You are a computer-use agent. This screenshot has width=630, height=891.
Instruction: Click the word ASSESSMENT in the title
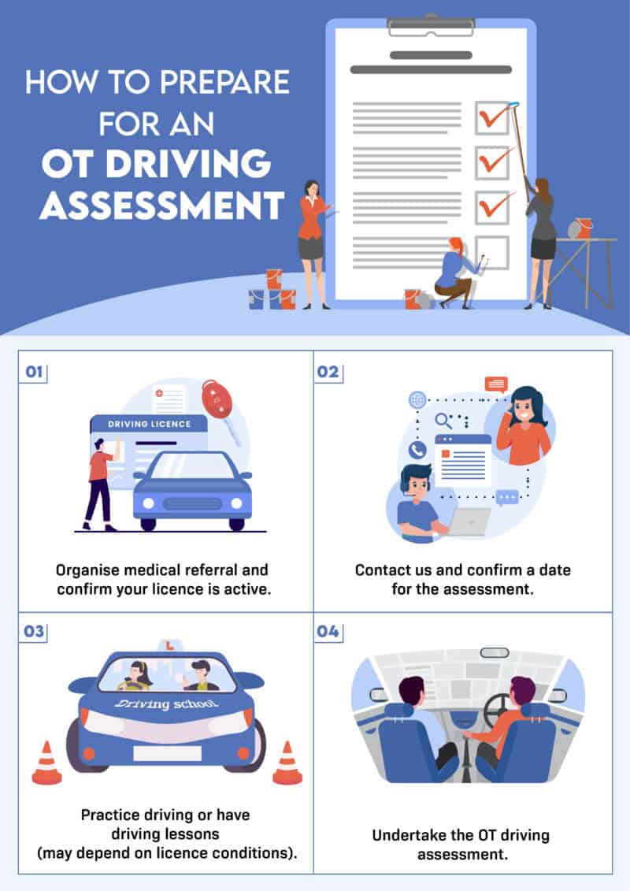pyautogui.click(x=161, y=205)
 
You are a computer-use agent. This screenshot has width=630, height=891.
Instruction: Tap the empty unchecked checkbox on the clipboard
pyautogui.click(x=491, y=252)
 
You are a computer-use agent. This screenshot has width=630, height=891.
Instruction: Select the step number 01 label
pyautogui.click(x=34, y=372)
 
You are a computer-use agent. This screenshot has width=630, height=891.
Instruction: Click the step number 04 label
pyautogui.click(x=328, y=633)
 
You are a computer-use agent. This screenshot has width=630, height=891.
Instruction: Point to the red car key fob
pyautogui.click(x=217, y=399)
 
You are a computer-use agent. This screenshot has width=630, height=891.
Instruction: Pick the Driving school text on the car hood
pyautogui.click(x=166, y=704)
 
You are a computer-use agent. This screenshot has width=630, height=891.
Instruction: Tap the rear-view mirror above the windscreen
pyautogui.click(x=495, y=652)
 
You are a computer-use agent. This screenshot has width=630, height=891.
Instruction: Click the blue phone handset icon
pyautogui.click(x=417, y=450)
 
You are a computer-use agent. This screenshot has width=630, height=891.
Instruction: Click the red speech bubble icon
pyautogui.click(x=496, y=384)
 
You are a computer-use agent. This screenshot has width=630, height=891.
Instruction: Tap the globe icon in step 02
pyautogui.click(x=417, y=400)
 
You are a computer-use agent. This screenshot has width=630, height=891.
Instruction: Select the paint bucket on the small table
pyautogui.click(x=584, y=228)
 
